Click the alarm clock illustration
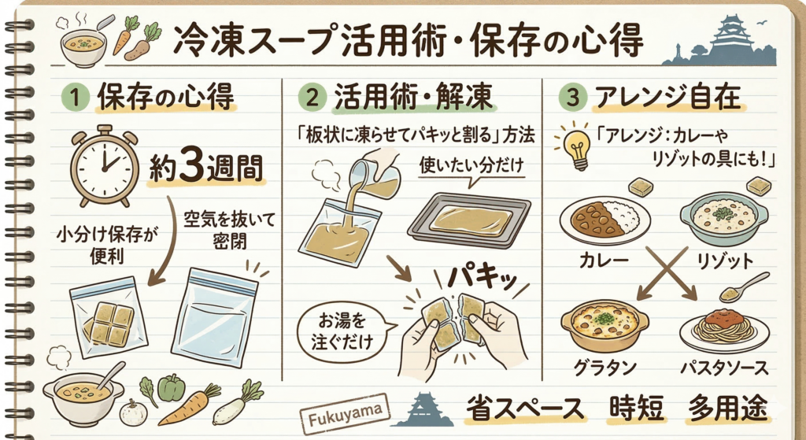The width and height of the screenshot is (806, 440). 105,165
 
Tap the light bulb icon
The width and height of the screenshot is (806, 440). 576,150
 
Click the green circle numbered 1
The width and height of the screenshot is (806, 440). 75,98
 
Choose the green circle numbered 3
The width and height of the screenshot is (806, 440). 573,98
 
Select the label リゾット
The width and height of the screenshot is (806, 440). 725,261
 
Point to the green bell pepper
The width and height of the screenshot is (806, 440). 171,387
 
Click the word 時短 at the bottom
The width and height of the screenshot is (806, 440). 637,409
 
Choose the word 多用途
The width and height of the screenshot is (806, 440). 730,409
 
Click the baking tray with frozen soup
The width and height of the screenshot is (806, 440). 469,221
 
